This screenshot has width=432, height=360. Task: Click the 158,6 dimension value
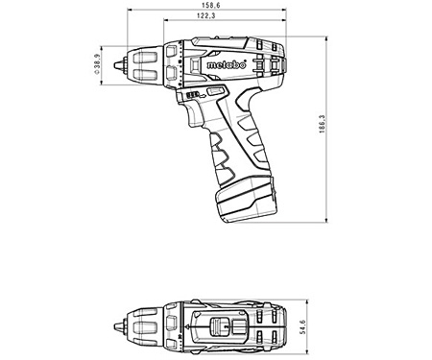point(210,5)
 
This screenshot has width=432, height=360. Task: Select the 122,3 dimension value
point(206,15)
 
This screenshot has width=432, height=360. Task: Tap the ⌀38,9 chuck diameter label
point(97,64)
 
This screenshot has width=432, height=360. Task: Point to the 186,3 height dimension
point(322,124)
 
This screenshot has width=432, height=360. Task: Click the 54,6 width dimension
point(303,326)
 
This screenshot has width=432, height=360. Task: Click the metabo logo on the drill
point(227,64)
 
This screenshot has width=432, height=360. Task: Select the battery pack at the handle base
point(247,199)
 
